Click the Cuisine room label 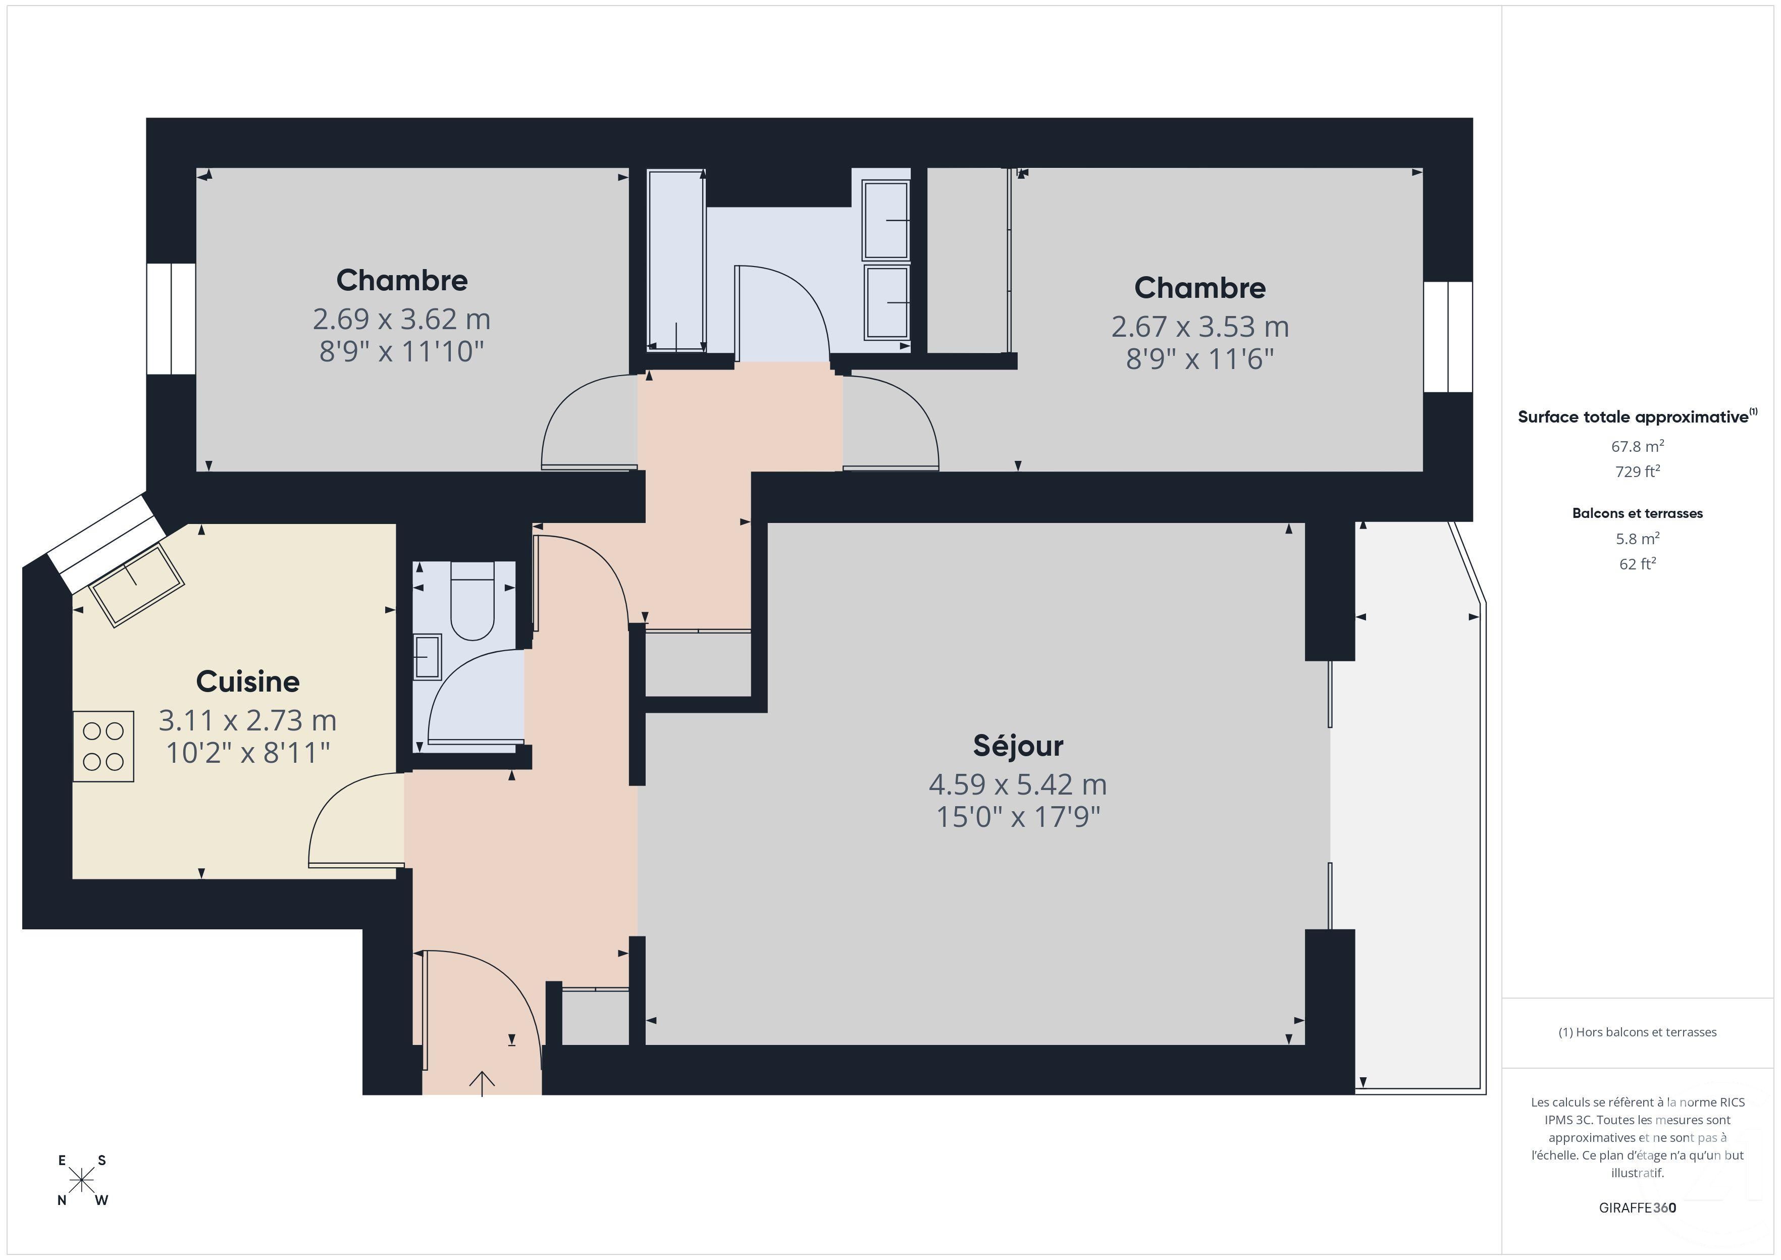(247, 681)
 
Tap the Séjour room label (1018, 746)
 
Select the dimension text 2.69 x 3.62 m (401, 319)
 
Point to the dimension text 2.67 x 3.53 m (1199, 327)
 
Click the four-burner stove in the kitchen (103, 746)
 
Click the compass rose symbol (81, 1180)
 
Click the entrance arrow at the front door (482, 1082)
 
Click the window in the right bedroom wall (1447, 337)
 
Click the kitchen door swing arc (334, 807)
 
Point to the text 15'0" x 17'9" (1018, 817)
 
